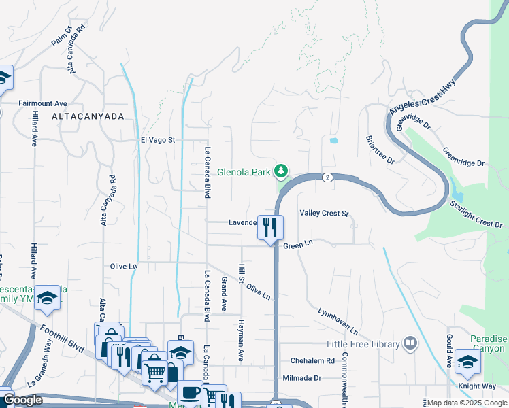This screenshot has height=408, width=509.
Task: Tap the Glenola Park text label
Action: [x=244, y=172]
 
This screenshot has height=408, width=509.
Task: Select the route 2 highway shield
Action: [x=327, y=177]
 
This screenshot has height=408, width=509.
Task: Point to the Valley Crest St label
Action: [x=324, y=214]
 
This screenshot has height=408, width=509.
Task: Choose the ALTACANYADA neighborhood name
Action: [x=88, y=117]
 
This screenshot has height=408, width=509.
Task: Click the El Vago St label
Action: [x=158, y=140]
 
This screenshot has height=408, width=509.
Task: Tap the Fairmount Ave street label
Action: [x=43, y=103]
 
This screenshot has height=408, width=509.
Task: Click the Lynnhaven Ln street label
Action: [x=338, y=320]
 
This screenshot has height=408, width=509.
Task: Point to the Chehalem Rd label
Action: [x=312, y=360]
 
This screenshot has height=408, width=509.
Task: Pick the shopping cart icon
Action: [x=156, y=371]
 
